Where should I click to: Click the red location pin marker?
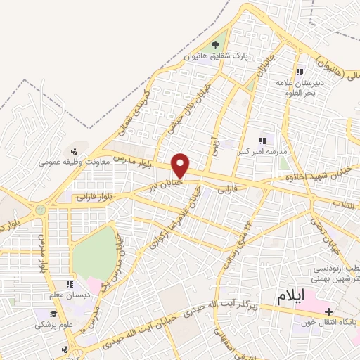181,165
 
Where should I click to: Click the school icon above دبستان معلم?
70,284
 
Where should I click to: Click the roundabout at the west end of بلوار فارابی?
40,209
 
